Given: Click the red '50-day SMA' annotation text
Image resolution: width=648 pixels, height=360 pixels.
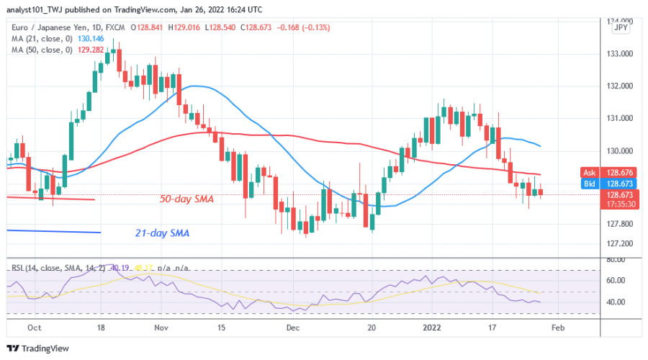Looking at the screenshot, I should [x=168, y=199].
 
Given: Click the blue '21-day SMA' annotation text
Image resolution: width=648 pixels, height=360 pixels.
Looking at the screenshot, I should [x=167, y=233].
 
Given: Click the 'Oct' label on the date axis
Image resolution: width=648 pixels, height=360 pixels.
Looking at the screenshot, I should [x=34, y=327].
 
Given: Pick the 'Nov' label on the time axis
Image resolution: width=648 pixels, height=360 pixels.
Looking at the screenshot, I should [x=161, y=327].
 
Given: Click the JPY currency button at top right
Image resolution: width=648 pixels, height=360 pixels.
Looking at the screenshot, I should [x=619, y=27].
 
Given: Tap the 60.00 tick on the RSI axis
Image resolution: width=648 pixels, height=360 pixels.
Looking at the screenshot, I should [x=616, y=280].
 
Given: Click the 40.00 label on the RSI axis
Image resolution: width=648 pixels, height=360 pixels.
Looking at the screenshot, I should [x=616, y=302].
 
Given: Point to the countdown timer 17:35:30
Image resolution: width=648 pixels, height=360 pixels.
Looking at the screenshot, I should [x=619, y=204].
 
